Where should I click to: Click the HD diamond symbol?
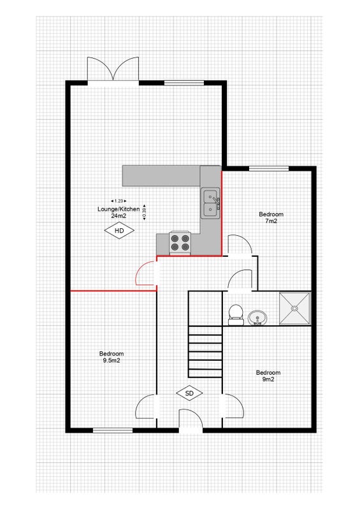pyautogui.click(x=119, y=231)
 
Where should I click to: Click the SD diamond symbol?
pyautogui.click(x=189, y=393)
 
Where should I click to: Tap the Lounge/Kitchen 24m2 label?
pyautogui.click(x=119, y=212)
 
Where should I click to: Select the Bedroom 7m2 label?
pyautogui.click(x=271, y=217)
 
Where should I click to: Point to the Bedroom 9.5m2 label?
pyautogui.click(x=112, y=357)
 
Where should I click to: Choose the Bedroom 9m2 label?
pyautogui.click(x=268, y=375)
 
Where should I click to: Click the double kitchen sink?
pyautogui.click(x=210, y=203)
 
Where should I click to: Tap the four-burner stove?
pyautogui.click(x=180, y=243)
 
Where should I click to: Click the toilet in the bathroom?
pyautogui.click(x=236, y=314)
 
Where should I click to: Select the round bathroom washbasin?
pyautogui.click(x=257, y=317)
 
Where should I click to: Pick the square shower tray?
pyautogui.click(x=294, y=309)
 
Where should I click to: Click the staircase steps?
pyautogui.click(x=206, y=352)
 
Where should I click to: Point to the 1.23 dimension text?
pyautogui.click(x=119, y=201)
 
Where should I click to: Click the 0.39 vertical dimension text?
pyautogui.click(x=145, y=212)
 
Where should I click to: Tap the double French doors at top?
pyautogui.click(x=113, y=69)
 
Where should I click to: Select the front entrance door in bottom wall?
pyautogui.click(x=191, y=419)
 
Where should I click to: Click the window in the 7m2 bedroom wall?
pyautogui.click(x=269, y=168)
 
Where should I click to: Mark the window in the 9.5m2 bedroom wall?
pyautogui.click(x=113, y=430)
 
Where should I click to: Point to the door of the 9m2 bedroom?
pyautogui.click(x=233, y=406)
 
